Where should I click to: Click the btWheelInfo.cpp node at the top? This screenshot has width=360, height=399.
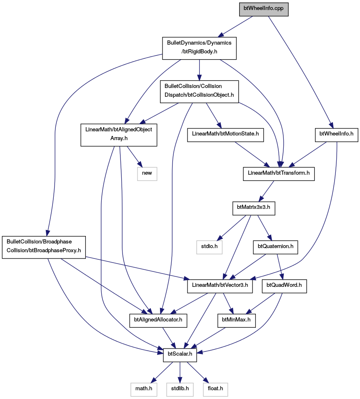pos(264,10)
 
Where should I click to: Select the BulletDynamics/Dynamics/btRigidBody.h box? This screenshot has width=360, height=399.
pos(199,48)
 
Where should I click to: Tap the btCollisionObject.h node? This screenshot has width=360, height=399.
pos(199,92)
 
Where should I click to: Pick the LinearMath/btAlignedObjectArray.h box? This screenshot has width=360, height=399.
pos(119,135)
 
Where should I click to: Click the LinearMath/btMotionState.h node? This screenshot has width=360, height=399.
pos(225,135)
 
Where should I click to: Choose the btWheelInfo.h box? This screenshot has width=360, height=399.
pos(336,135)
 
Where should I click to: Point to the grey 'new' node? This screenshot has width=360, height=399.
pos(147,174)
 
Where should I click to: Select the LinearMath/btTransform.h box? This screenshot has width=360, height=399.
pos(279,174)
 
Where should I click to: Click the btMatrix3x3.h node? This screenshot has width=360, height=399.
pos(254,208)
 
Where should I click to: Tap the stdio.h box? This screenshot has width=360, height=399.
pos(209,247)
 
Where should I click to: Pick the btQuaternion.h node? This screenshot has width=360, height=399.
pos(275,247)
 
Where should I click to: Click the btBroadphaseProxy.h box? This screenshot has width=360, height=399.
pos(44,247)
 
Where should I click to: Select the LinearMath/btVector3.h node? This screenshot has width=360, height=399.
pos(220,286)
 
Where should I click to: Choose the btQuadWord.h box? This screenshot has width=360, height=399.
pos(284,286)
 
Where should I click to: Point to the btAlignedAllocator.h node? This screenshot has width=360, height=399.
pos(158,321)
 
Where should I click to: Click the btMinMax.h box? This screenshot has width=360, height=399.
pos(236,321)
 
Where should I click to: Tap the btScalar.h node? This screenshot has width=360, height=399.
pos(180,355)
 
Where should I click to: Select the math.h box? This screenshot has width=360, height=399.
pos(144,389)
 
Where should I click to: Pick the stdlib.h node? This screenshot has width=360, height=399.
pos(180,389)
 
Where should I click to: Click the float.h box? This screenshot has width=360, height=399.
pos(215,389)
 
